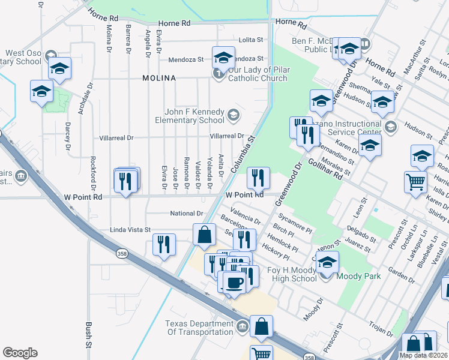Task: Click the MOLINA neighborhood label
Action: pyautogui.click(x=159, y=79)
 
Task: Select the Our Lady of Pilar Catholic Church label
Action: pyautogui.click(x=258, y=74)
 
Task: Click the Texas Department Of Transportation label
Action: pyautogui.click(x=199, y=328)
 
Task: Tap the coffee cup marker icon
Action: pyautogui.click(x=234, y=281)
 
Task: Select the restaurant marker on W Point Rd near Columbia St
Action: pyautogui.click(x=258, y=177)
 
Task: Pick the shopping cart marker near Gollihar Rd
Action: pyautogui.click(x=416, y=182)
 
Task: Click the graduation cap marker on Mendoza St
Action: pyautogui.click(x=223, y=58)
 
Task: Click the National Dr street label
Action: pyautogui.click(x=187, y=213)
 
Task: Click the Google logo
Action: pyautogui.click(x=20, y=353)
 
